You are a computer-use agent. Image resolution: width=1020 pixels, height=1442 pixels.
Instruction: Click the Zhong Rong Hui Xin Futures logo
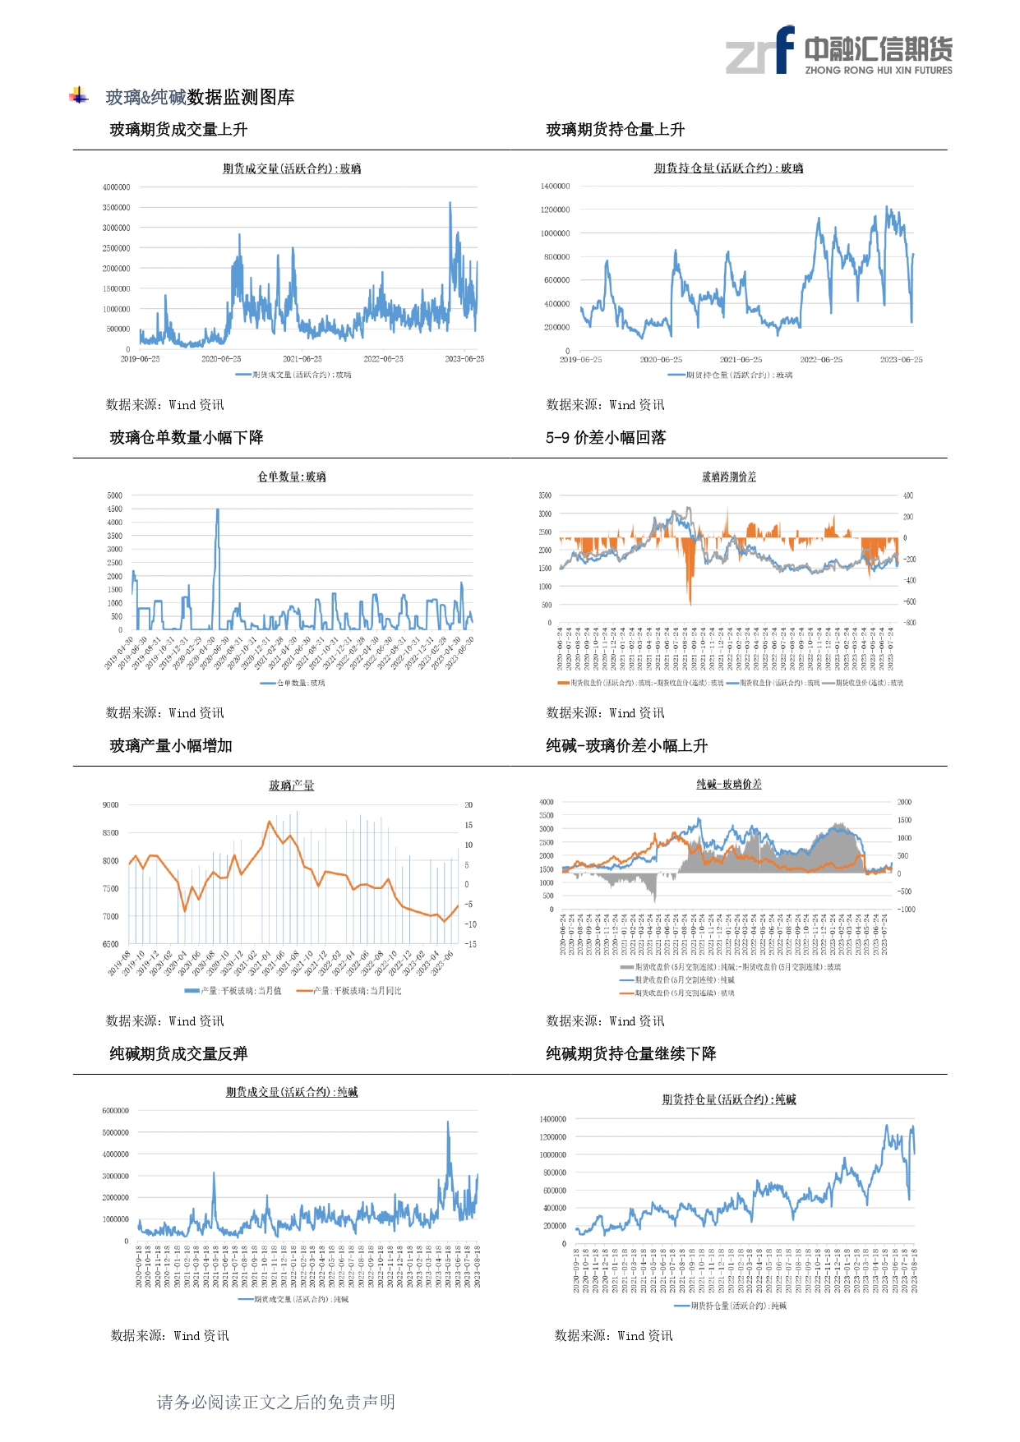pos(838,51)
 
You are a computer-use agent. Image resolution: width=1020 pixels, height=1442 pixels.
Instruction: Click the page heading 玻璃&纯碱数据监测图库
pos(200,98)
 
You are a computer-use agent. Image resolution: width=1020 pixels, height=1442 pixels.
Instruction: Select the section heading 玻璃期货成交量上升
pos(178,130)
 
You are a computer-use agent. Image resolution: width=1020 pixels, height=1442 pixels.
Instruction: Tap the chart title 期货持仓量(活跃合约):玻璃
pos(728,168)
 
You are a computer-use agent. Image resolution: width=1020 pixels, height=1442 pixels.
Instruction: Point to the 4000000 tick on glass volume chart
pos(116,187)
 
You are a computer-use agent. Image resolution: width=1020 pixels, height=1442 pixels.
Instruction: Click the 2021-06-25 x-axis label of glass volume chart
pos(302,359)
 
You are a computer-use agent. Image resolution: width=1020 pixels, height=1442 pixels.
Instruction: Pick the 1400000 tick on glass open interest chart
pos(555,187)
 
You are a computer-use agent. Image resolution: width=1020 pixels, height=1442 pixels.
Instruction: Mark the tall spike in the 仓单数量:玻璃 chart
pos(218,510)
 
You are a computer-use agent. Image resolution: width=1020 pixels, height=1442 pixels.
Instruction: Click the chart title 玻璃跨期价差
pos(728,477)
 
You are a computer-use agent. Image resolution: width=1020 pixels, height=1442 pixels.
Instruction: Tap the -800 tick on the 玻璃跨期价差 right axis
pos(909,623)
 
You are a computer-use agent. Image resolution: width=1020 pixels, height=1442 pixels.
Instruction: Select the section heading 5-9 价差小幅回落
pos(606,438)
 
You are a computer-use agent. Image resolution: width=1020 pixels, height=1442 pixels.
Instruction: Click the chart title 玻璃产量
pos(291,785)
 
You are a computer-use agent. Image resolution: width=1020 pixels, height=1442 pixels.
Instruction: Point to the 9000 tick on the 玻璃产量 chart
pos(110,805)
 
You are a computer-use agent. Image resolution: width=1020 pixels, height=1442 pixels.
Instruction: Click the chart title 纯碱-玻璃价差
pos(728,785)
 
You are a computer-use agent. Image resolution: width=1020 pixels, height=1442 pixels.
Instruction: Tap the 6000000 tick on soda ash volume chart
pos(115,1111)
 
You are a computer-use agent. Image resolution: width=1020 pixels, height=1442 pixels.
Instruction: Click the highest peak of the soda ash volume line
pos(448,1122)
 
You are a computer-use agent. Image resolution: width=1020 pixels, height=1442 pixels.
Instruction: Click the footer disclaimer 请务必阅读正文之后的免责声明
pos(276,1402)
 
